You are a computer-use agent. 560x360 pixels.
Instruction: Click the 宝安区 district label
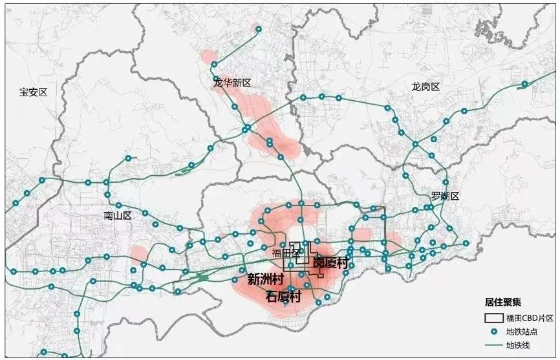point(34,92)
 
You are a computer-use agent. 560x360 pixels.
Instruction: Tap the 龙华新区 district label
point(232,83)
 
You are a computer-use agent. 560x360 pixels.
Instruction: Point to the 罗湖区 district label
point(445,196)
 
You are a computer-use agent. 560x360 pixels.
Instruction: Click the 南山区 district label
point(117,215)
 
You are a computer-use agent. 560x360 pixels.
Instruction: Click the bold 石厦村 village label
point(284,297)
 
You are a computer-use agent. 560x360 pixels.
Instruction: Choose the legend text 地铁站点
point(520,332)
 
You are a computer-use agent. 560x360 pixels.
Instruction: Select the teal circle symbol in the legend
point(494,332)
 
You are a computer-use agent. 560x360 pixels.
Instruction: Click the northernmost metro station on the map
point(259,29)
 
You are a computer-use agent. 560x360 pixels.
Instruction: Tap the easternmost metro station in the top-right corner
point(525,83)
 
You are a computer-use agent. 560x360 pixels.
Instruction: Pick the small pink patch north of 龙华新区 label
point(209,58)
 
